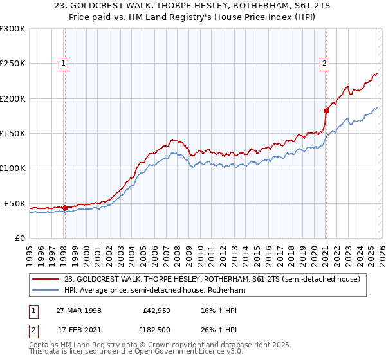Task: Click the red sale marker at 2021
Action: [x=326, y=111]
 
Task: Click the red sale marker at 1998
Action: [x=65, y=208]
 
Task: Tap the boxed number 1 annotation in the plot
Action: [x=64, y=63]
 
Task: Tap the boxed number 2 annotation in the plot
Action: [x=325, y=63]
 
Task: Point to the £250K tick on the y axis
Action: [x=13, y=64]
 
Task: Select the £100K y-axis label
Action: [x=13, y=168]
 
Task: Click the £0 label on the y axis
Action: [x=19, y=238]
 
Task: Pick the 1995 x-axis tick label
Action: [x=30, y=251]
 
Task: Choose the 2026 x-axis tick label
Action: [x=380, y=251]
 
